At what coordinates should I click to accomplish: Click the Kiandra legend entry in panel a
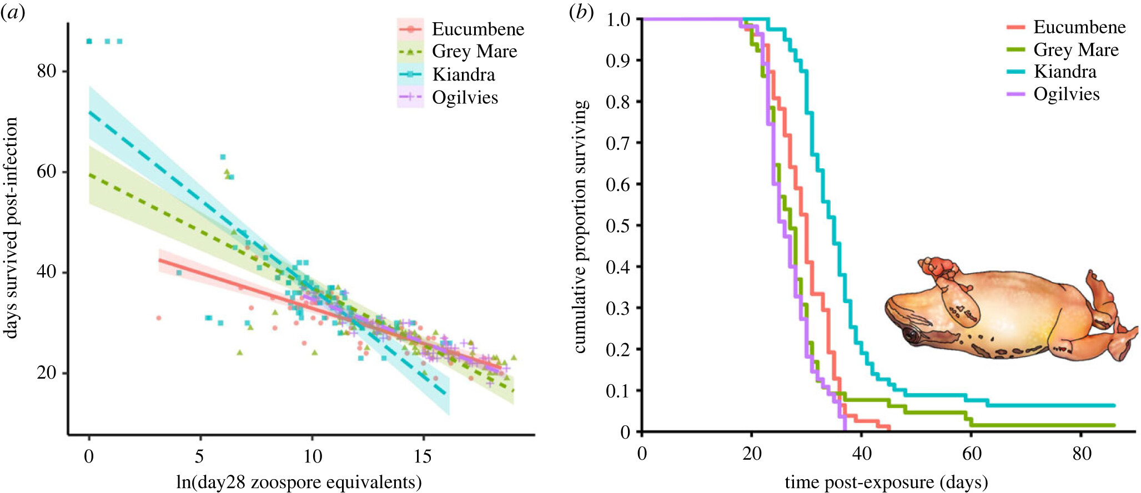pyautogui.click(x=463, y=74)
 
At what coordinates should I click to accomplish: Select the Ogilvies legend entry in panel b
pyautogui.click(x=1066, y=94)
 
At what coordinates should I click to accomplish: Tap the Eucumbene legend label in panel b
pyautogui.click(x=1079, y=27)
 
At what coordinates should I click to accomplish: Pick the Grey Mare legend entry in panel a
pyautogui.click(x=474, y=51)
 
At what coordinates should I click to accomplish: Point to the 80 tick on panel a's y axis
pyautogui.click(x=47, y=71)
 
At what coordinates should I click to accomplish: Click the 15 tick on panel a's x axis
pyautogui.click(x=423, y=456)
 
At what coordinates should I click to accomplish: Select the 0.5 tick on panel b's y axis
pyautogui.click(x=617, y=225)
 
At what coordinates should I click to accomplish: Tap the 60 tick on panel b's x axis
pyautogui.click(x=972, y=454)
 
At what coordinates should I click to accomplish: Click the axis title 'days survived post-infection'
pyautogui.click(x=11, y=228)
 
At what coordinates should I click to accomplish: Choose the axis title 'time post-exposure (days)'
pyautogui.click(x=886, y=482)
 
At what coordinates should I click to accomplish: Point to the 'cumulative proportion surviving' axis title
pyautogui.click(x=580, y=227)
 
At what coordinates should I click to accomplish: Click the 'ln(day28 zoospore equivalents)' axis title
pyautogui.click(x=299, y=482)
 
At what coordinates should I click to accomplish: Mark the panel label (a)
pyautogui.click(x=12, y=12)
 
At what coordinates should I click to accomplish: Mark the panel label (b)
pyautogui.click(x=581, y=12)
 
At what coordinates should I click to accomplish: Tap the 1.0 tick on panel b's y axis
pyautogui.click(x=617, y=19)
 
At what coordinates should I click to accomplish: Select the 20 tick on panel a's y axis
pyautogui.click(x=47, y=373)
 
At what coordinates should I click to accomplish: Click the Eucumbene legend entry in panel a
pyautogui.click(x=477, y=29)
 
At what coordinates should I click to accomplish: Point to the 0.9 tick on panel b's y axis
pyautogui.click(x=617, y=61)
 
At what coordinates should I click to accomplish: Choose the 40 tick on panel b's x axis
pyautogui.click(x=862, y=454)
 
